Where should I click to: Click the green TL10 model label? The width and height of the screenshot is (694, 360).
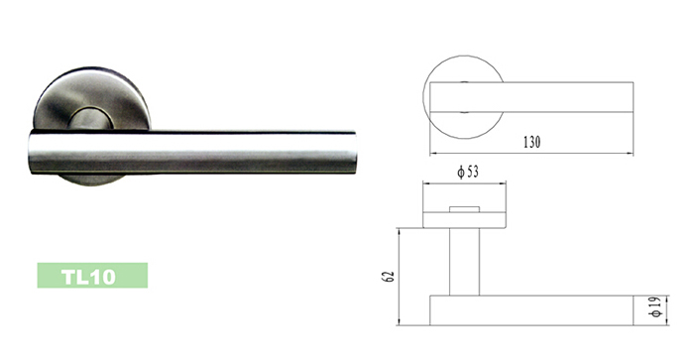click(92, 276)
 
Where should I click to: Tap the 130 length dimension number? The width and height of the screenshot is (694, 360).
click(532, 142)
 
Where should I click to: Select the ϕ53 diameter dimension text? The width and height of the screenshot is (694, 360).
click(468, 172)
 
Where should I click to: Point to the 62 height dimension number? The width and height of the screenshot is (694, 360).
click(388, 277)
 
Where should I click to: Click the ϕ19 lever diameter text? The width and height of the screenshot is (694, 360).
click(656, 306)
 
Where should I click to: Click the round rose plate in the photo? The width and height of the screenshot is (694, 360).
click(92, 98)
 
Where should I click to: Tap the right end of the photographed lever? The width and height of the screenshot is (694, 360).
click(353, 152)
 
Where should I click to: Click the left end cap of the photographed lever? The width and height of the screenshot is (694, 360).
click(31, 152)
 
